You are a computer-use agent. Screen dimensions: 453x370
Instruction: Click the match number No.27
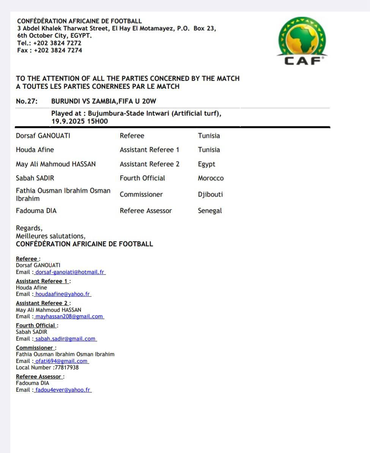click(27, 101)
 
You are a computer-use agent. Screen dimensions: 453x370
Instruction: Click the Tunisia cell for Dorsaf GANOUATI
click(209, 136)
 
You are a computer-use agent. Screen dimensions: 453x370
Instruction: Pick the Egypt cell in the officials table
click(206, 164)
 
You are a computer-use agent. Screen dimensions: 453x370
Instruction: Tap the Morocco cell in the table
click(211, 178)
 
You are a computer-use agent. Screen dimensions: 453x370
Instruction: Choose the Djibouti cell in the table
click(210, 195)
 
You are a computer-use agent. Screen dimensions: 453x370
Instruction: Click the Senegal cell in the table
click(210, 211)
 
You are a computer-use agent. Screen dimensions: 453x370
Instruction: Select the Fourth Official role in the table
click(142, 178)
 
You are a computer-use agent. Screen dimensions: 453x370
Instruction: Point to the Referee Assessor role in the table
click(146, 211)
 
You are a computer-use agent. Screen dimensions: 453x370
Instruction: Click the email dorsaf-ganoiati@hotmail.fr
click(70, 272)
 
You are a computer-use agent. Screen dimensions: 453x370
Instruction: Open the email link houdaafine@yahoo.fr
click(63, 294)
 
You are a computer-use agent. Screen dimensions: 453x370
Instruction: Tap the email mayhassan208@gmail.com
click(69, 316)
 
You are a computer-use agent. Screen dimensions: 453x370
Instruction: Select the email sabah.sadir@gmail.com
click(65, 339)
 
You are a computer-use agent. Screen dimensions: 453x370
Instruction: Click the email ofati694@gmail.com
click(61, 361)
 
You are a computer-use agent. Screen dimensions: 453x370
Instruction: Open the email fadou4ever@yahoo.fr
click(63, 390)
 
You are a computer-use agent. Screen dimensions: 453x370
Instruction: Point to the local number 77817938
click(67, 367)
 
